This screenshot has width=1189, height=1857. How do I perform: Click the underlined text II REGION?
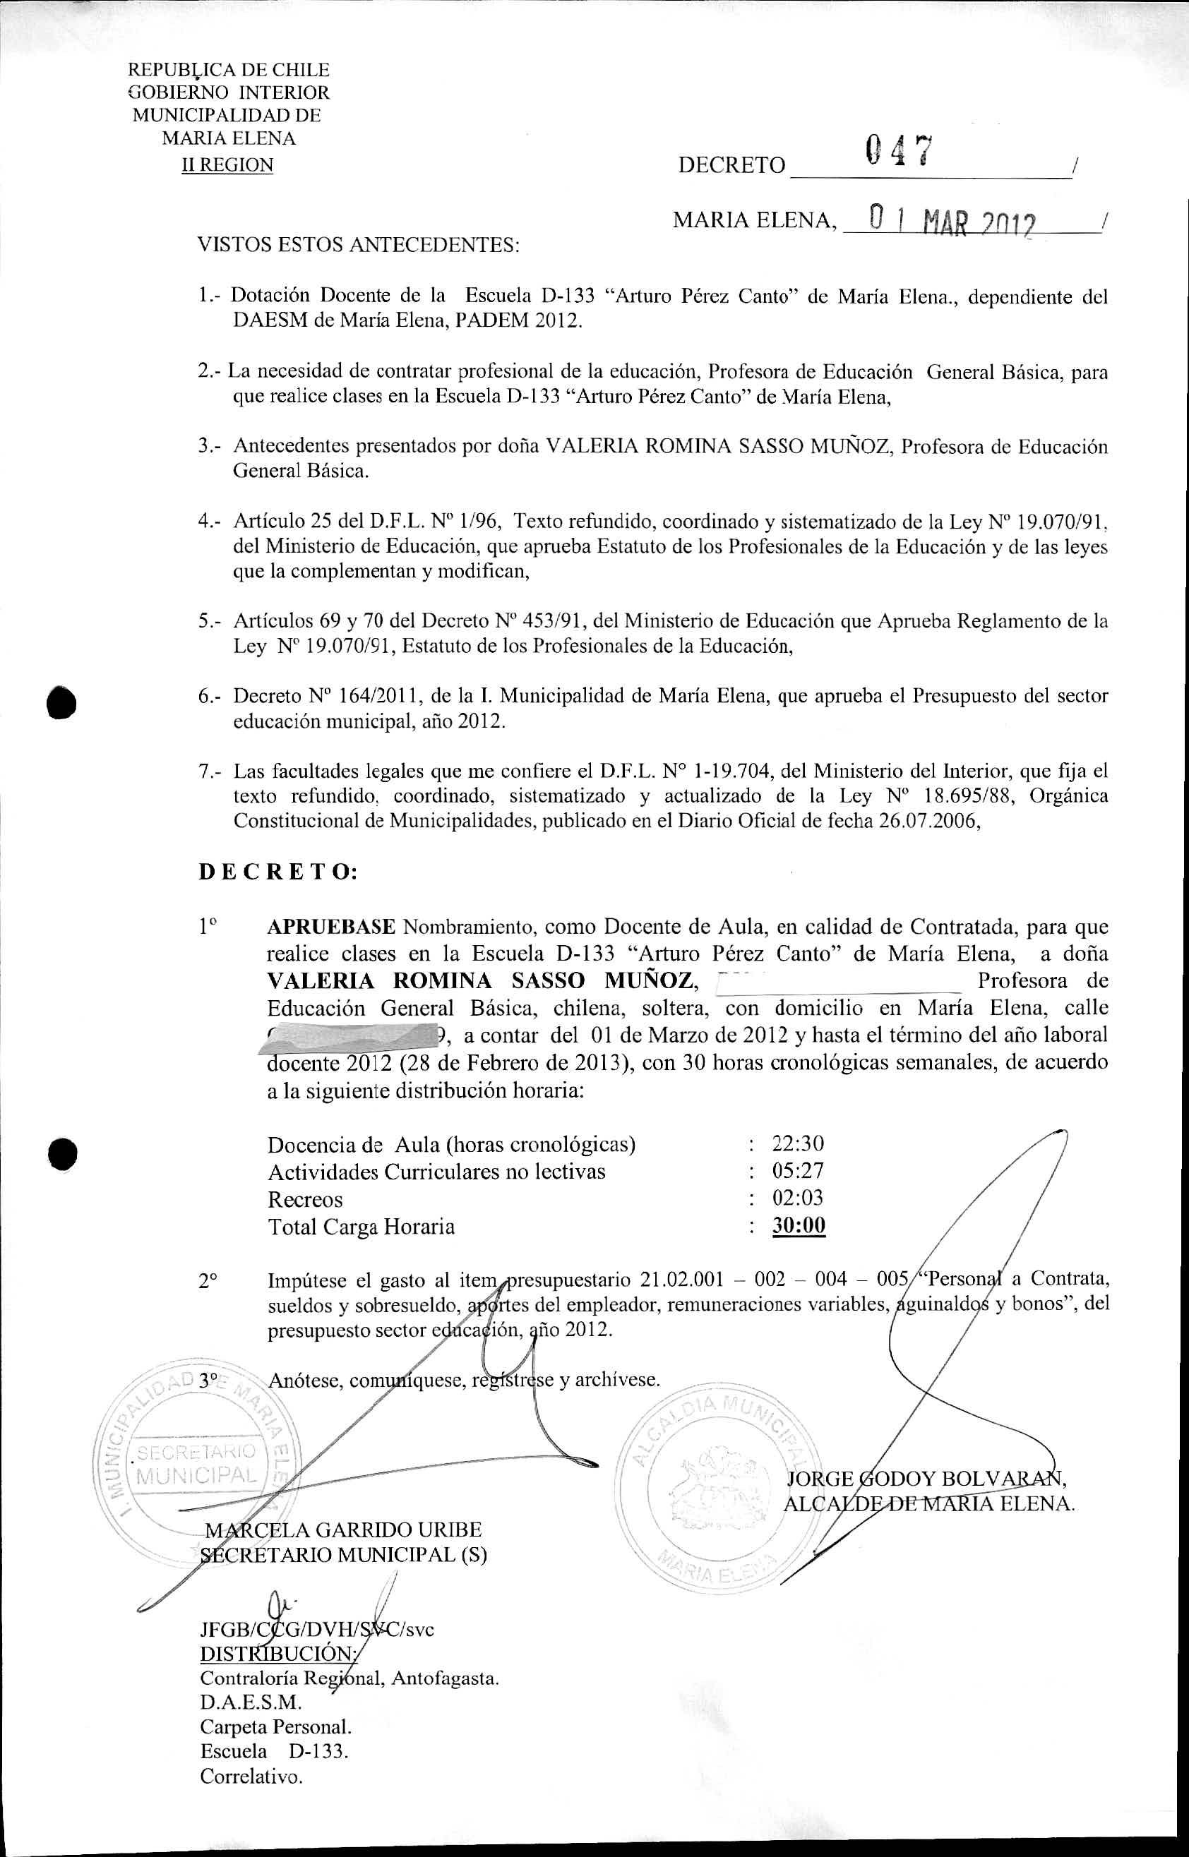point(227,165)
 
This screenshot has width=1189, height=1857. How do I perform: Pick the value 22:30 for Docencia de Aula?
point(798,1143)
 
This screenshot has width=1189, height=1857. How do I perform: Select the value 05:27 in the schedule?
point(798,1171)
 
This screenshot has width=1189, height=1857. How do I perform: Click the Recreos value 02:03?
point(798,1198)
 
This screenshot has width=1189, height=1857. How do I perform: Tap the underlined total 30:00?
point(799,1226)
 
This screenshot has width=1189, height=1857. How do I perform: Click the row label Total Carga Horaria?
point(361,1227)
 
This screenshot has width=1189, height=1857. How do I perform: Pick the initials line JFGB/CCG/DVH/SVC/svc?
point(316,1629)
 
